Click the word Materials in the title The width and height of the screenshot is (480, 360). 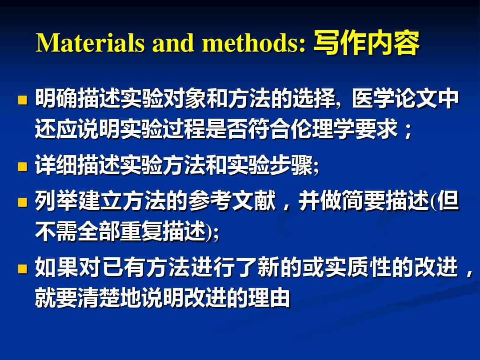(x=90, y=43)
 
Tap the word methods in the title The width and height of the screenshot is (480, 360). (x=254, y=43)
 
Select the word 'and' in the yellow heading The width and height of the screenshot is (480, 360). (x=173, y=43)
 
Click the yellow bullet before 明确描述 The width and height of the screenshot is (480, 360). (x=22, y=100)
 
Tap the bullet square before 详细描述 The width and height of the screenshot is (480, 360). (x=22, y=166)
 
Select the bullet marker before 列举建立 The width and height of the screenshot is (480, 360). (x=22, y=202)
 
